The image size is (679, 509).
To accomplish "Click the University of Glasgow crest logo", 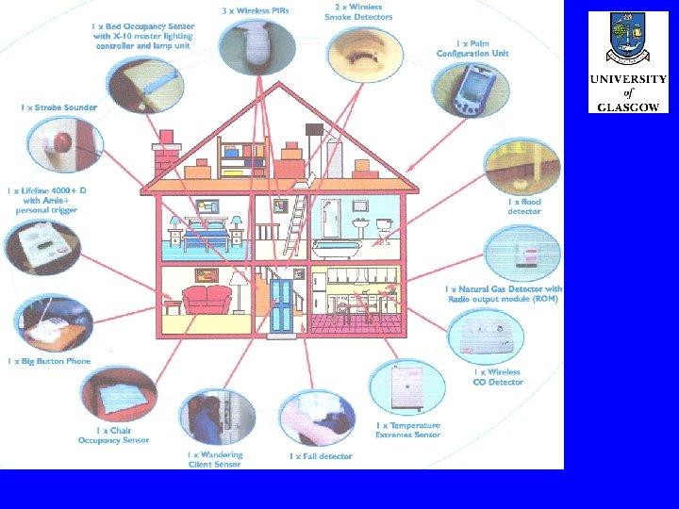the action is (627, 41).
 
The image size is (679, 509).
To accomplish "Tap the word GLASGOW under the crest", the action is (627, 107).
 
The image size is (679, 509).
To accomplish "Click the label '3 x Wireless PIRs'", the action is (254, 10).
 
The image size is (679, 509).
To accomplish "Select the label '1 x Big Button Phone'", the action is (49, 361).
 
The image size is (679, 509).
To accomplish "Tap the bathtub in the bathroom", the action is (337, 250).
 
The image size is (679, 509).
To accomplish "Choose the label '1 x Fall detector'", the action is (321, 456).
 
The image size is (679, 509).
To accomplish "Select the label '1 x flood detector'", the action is (524, 206).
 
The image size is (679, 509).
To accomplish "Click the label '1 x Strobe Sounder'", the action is (58, 107).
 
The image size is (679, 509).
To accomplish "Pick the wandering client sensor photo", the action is (218, 419).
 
